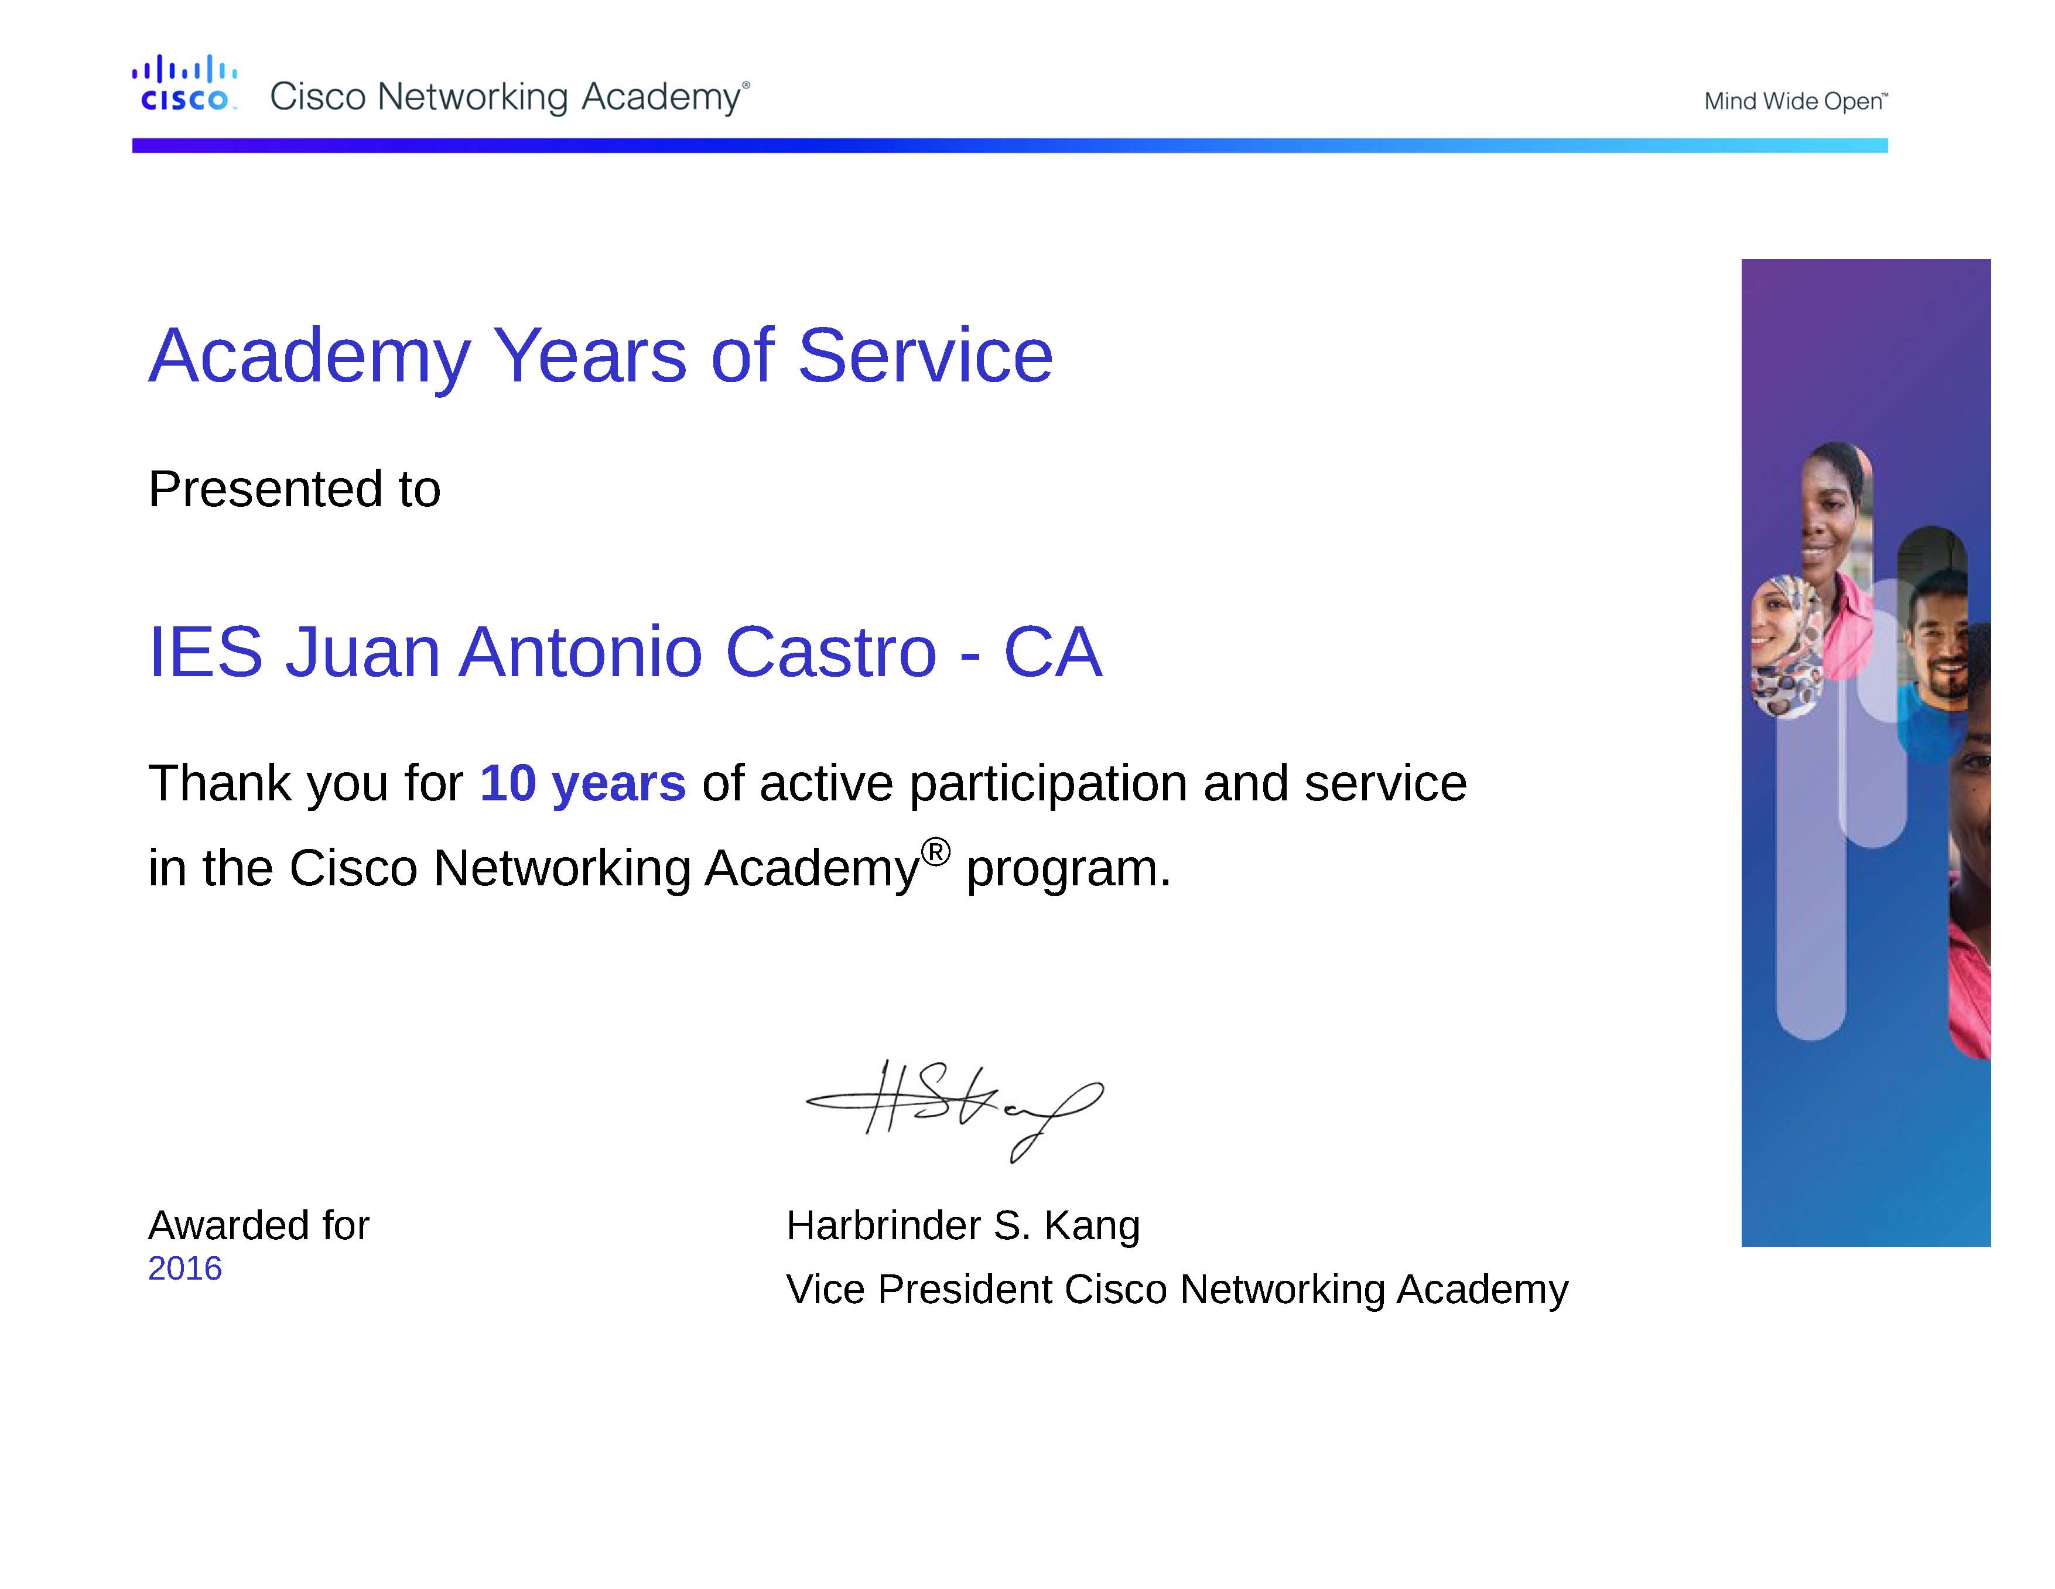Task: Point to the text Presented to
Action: tap(295, 489)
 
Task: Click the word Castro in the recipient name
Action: tap(831, 652)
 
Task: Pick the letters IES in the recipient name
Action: tap(205, 652)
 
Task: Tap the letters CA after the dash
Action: tap(1053, 652)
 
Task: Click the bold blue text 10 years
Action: tap(583, 784)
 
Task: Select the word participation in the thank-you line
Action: tap(1048, 784)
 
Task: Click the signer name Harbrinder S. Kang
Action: tap(963, 1226)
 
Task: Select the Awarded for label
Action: tap(259, 1226)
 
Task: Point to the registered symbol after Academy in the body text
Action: tap(935, 852)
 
